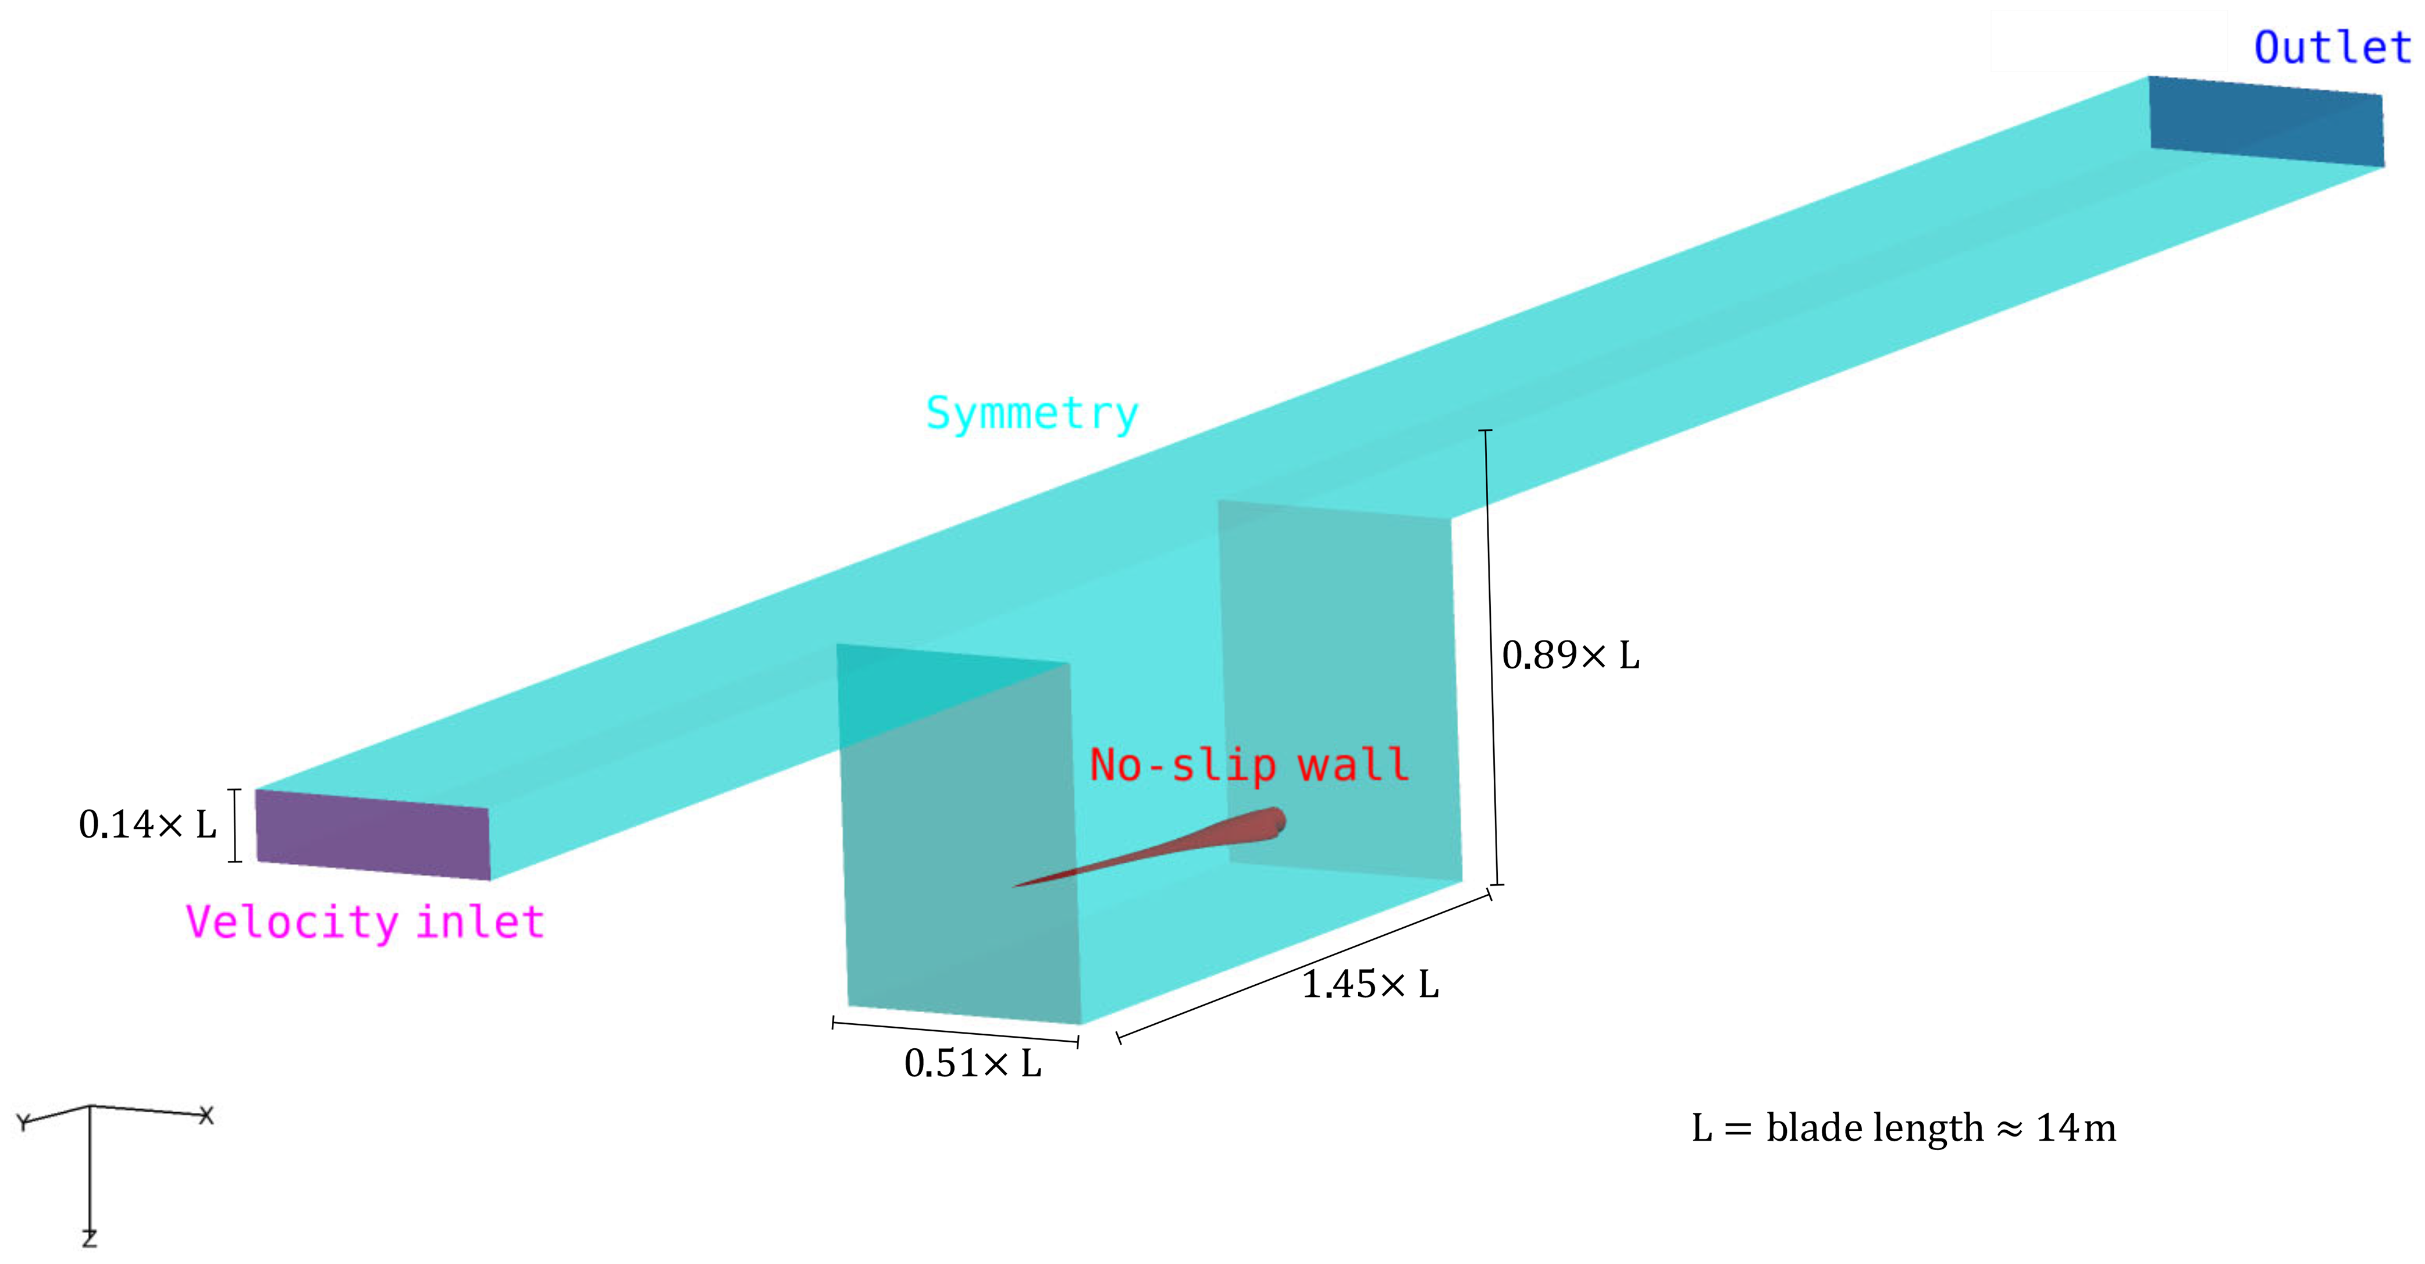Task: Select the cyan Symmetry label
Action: (x=1032, y=414)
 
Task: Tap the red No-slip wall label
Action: (x=1248, y=764)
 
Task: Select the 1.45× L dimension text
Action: (x=1370, y=984)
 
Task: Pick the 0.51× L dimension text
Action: (x=973, y=1063)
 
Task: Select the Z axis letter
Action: (x=90, y=1238)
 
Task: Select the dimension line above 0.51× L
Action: (x=956, y=1032)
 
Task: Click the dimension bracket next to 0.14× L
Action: (x=236, y=825)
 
